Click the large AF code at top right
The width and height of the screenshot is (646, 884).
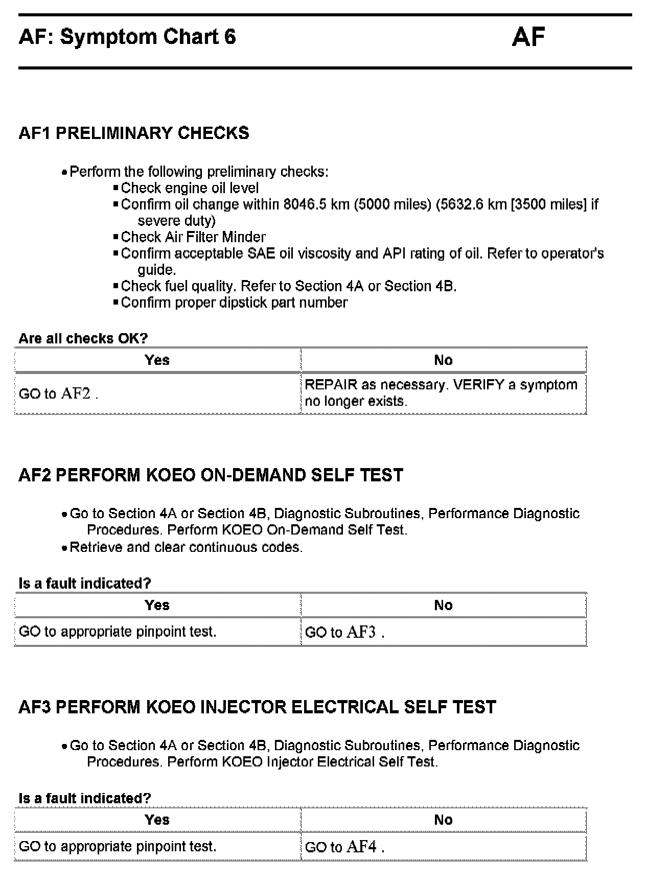pos(528,37)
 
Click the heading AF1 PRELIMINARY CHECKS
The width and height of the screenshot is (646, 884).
pos(134,133)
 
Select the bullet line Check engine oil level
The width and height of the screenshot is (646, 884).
pos(190,188)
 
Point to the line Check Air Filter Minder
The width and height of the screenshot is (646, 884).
pos(193,237)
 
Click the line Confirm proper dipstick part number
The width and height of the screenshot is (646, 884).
pos(234,303)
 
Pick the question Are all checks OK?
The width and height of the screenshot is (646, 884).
pos(83,338)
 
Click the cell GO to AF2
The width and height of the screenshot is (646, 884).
pos(58,393)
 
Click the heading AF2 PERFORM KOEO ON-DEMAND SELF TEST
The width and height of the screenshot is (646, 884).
pos(211,475)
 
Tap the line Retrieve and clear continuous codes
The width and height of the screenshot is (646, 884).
pos(186,547)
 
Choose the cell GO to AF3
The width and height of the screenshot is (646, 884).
pos(344,632)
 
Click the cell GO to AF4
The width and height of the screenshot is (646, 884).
pos(344,847)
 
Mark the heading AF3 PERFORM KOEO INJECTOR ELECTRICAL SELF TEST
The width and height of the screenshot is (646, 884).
pos(257,707)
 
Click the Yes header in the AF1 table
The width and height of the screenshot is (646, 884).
pos(157,360)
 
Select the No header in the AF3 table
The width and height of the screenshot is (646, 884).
pos(443,820)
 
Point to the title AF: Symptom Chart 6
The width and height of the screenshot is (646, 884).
pos(127,37)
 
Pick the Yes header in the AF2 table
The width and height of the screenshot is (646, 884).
pos(157,606)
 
